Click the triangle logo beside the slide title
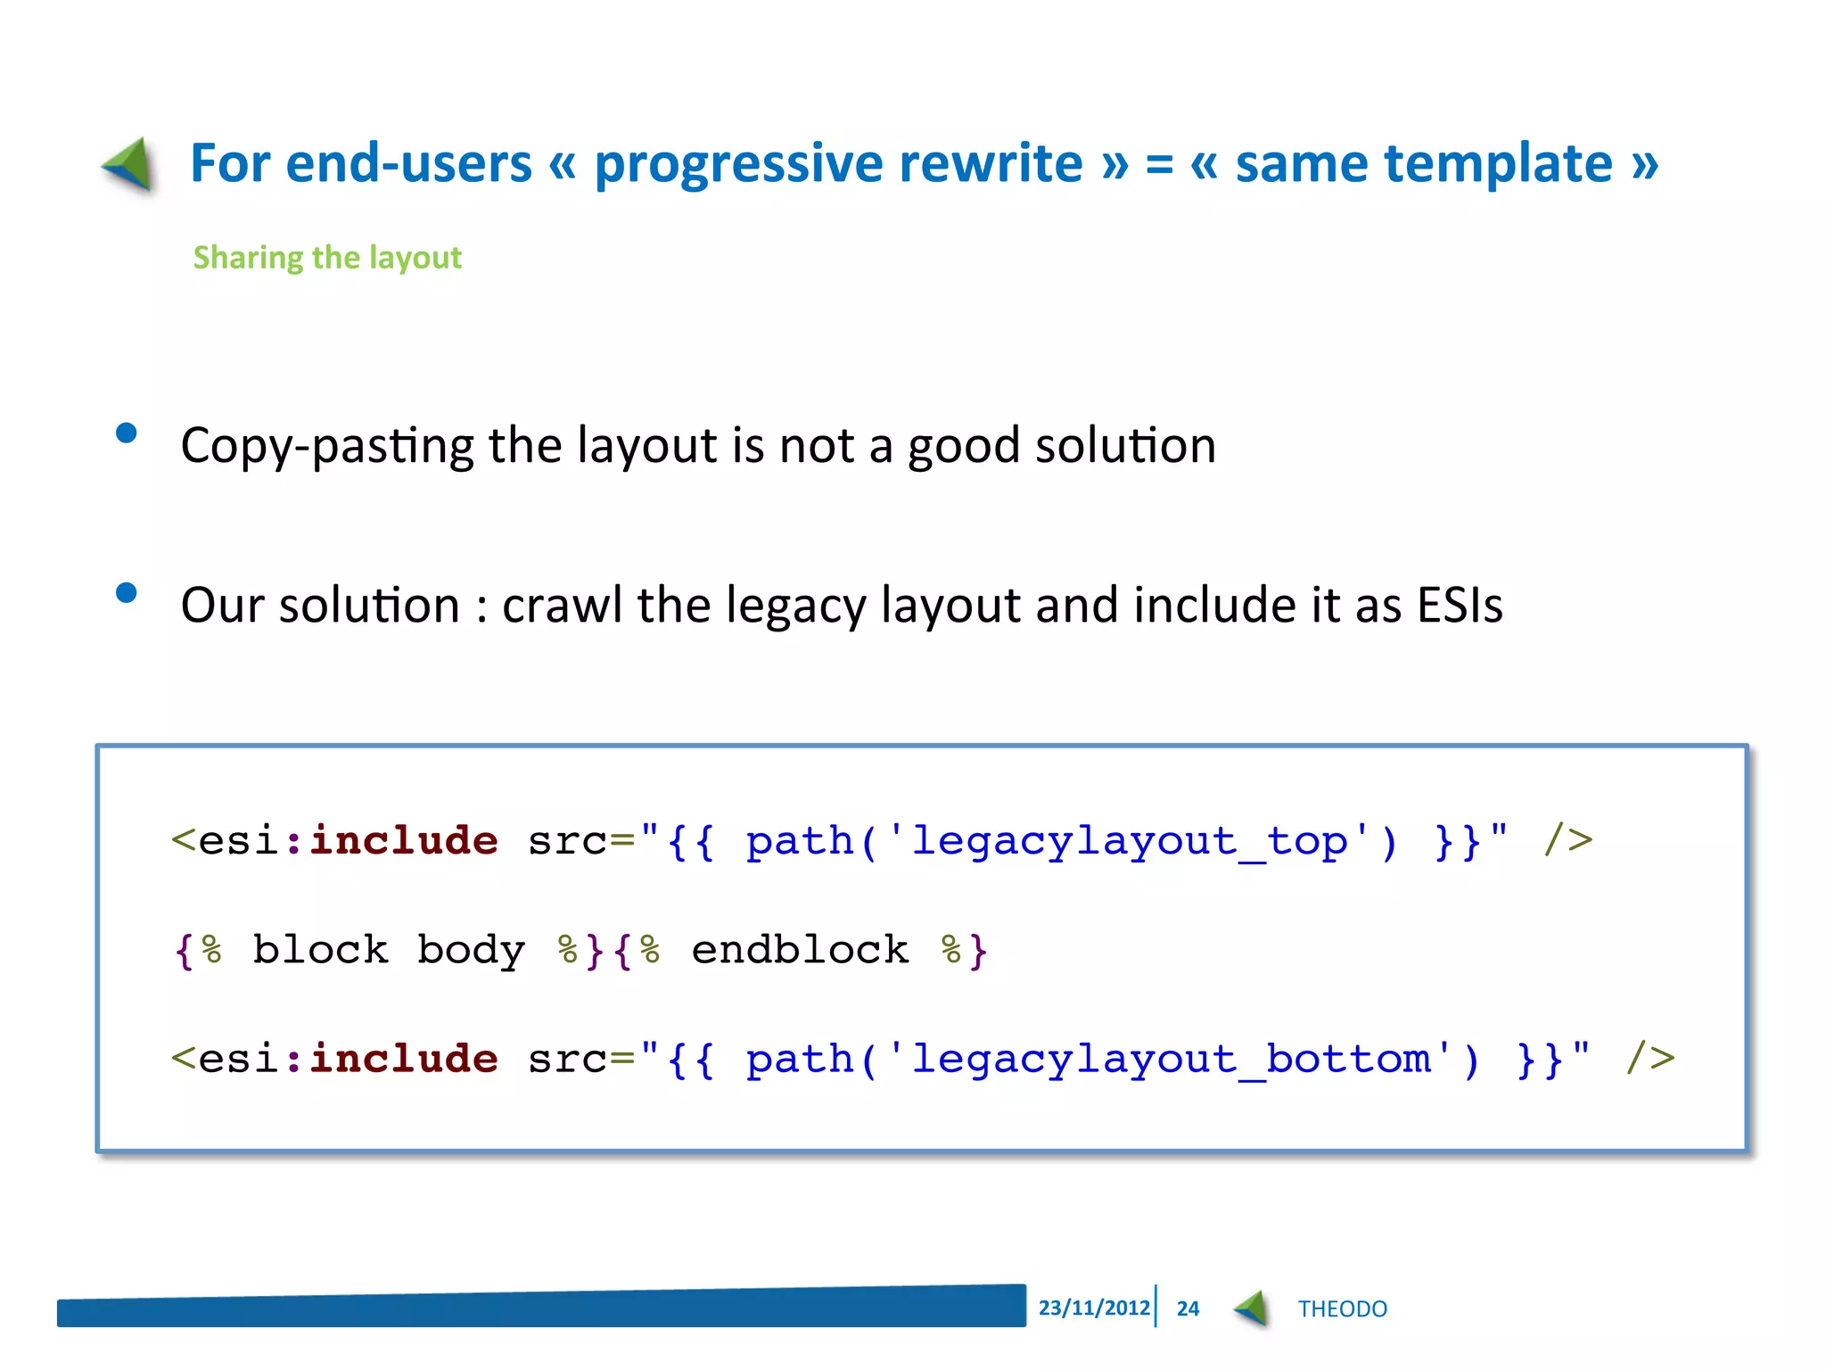point(130,164)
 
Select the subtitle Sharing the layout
point(327,258)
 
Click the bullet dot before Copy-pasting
point(127,433)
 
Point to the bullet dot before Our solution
point(127,593)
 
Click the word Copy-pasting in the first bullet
point(327,445)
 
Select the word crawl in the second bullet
point(562,606)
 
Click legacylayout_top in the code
point(1129,841)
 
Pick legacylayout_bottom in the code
point(1170,1060)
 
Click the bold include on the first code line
point(404,841)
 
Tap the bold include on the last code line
point(404,1060)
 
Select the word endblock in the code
point(800,950)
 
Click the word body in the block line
point(471,950)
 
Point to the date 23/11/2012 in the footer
point(1094,1308)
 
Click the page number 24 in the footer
point(1188,1308)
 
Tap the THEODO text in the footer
point(1342,1308)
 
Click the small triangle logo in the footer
point(1252,1308)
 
